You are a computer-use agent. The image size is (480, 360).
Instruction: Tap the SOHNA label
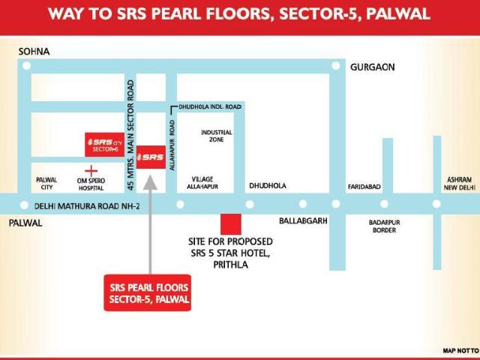pos(34,51)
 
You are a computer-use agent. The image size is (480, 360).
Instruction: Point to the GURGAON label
pos(372,67)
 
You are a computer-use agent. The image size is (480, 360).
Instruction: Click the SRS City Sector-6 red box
pos(104,144)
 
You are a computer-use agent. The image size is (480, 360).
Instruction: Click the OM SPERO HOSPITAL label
pos(91,184)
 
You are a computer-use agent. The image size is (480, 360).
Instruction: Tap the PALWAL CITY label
pos(46,184)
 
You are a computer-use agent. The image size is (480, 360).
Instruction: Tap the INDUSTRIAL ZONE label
pos(217,136)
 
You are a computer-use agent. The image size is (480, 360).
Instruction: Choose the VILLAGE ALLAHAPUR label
pos(202,182)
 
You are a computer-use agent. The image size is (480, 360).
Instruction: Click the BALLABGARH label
pos(304,222)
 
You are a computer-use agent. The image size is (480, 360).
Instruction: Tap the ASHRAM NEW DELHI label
pos(457,183)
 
